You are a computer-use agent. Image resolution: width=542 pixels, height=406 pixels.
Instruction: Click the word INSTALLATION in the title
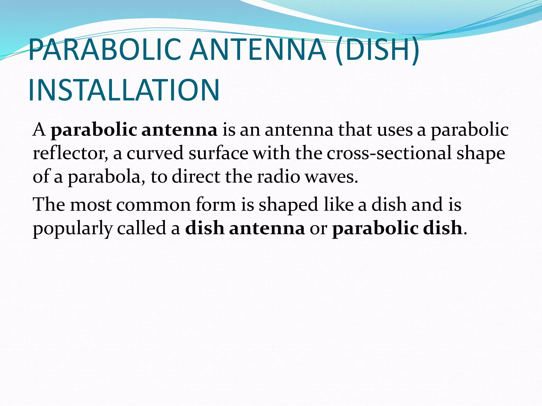pos(124,90)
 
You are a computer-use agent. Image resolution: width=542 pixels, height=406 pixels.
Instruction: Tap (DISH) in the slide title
pos(377,50)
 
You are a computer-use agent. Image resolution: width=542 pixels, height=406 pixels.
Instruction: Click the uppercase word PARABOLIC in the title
pos(105,50)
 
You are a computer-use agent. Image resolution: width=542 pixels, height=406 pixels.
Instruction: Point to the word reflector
pos(70,153)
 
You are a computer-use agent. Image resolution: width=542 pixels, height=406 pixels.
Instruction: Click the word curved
pos(155,153)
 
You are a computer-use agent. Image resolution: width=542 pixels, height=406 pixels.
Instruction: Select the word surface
pos(218,153)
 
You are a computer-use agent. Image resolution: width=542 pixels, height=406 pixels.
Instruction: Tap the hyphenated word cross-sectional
pos(389,153)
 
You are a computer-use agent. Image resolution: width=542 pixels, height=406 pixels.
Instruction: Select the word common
pos(153,205)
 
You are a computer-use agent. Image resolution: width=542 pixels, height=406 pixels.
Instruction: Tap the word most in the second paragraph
pos(91,205)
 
